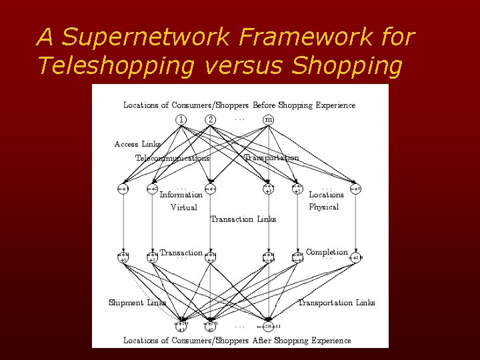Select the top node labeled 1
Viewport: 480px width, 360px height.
(x=181, y=119)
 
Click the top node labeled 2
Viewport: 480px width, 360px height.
(x=211, y=119)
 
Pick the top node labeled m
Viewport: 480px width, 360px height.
(x=268, y=119)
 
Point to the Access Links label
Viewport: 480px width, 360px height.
(x=137, y=144)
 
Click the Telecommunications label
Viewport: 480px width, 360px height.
(x=173, y=158)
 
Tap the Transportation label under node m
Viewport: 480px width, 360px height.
(x=272, y=157)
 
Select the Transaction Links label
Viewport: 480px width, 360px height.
(x=243, y=219)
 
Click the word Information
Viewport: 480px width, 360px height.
(x=181, y=195)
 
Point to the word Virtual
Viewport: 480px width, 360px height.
(x=183, y=207)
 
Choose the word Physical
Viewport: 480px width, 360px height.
(x=324, y=207)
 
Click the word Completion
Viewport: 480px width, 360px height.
(x=327, y=252)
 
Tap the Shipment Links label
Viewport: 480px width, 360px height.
(x=137, y=303)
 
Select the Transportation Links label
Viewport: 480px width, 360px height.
(x=336, y=303)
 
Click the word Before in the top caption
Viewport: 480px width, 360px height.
(x=264, y=105)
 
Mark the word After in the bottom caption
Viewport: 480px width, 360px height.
(x=263, y=340)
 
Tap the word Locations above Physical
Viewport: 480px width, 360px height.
(x=326, y=195)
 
